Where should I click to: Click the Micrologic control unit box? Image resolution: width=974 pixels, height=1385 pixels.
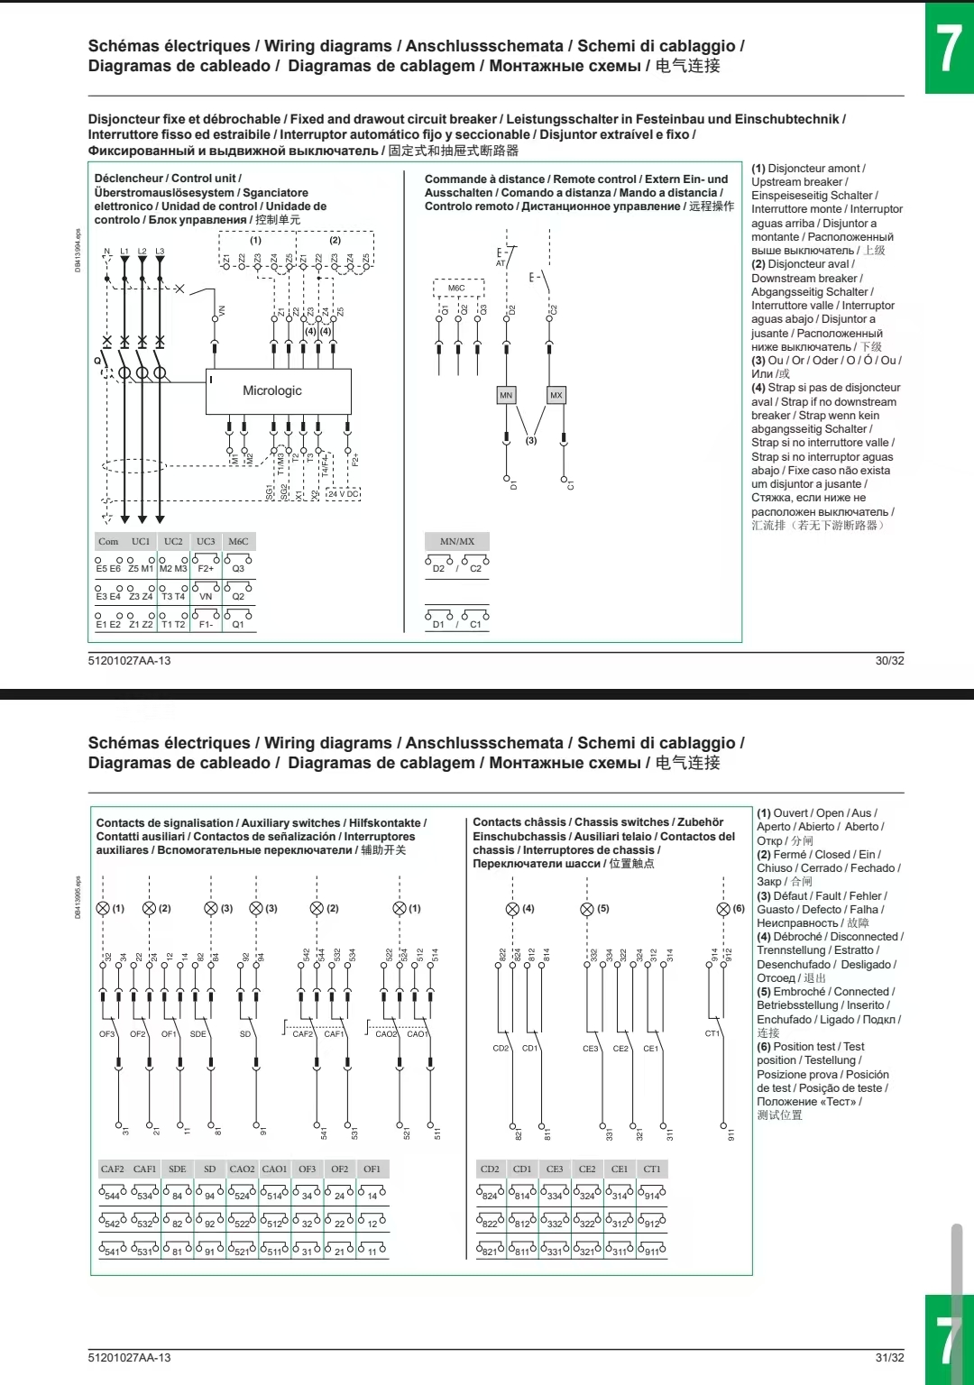click(x=278, y=390)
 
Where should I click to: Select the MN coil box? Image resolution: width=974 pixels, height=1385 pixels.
click(x=506, y=395)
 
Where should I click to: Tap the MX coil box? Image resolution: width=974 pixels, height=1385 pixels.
click(x=556, y=395)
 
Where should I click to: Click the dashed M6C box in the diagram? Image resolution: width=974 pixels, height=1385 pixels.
click(x=457, y=288)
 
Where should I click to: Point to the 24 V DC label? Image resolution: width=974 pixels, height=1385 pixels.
click(x=343, y=493)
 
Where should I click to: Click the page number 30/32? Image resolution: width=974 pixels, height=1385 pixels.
click(x=889, y=661)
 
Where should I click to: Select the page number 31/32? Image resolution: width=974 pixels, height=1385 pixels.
click(x=889, y=1358)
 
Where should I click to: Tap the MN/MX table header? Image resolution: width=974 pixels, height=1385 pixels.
click(x=457, y=541)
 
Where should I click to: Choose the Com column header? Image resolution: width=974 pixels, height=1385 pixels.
click(x=108, y=541)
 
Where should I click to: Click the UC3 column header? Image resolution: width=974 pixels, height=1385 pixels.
click(x=206, y=541)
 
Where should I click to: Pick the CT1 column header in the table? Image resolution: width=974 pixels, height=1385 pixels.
click(x=652, y=1169)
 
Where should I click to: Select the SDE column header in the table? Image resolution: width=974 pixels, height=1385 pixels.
click(x=178, y=1169)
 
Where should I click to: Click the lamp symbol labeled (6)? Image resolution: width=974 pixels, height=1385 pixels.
click(x=723, y=909)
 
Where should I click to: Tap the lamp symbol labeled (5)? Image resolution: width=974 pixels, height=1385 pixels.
click(x=587, y=909)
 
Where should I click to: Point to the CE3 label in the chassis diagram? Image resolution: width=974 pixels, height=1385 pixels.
click(x=590, y=1049)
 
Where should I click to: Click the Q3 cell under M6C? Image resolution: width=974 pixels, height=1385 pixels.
click(x=238, y=568)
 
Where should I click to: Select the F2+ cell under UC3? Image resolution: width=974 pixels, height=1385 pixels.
click(x=206, y=568)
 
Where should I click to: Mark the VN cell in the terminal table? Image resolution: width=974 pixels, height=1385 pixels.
click(x=206, y=596)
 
